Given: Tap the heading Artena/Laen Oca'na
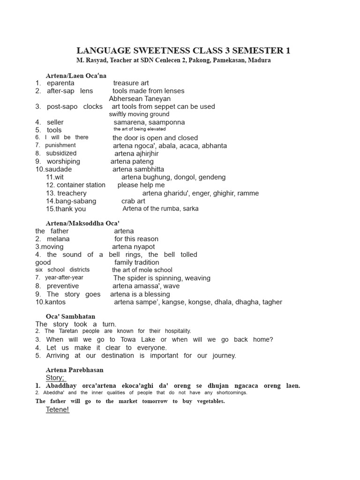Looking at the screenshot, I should [x=76, y=75].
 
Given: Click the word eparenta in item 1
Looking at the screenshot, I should [x=60, y=83].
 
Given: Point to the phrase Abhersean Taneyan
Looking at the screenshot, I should [x=140, y=99].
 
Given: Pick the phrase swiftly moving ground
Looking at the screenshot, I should [x=139, y=114].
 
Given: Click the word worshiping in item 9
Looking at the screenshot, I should [x=63, y=161].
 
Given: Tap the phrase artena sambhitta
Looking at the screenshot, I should [x=138, y=169].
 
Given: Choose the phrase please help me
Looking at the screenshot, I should [x=141, y=185].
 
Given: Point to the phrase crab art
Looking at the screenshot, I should [x=133, y=201].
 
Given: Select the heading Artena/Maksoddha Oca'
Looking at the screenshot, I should [x=82, y=223].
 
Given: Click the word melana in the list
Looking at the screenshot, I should [x=58, y=239].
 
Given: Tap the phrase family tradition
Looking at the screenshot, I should [x=136, y=262].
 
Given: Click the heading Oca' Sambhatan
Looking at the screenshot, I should [x=70, y=316].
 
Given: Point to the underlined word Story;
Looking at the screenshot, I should [x=56, y=378].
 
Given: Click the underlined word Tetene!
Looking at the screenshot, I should [x=57, y=410].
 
